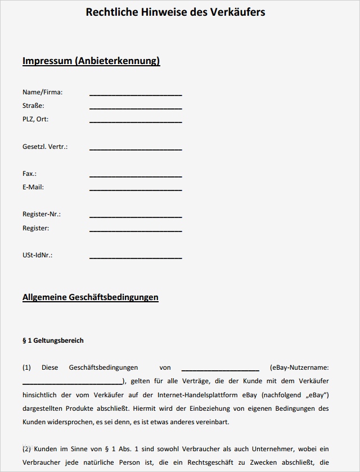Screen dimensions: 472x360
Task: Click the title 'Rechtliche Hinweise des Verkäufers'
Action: click(x=175, y=12)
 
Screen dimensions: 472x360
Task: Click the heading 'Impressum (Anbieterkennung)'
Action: click(x=91, y=61)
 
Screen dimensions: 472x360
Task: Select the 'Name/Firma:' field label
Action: click(x=42, y=92)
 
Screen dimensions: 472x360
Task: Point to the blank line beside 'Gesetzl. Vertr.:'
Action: click(x=136, y=149)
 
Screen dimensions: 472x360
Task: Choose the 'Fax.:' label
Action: click(x=29, y=174)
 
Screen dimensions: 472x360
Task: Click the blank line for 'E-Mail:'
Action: click(x=136, y=189)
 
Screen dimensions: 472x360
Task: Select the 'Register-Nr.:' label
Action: click(x=42, y=214)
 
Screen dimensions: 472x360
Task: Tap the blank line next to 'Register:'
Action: click(x=136, y=230)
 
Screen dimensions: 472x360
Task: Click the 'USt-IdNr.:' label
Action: click(x=37, y=255)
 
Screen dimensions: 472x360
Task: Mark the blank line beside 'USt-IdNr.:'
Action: click(x=136, y=257)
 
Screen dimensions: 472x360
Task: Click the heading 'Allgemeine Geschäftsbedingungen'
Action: click(x=91, y=297)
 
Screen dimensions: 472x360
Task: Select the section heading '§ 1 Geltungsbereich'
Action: click(x=53, y=341)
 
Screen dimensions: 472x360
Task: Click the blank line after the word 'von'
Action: click(x=220, y=370)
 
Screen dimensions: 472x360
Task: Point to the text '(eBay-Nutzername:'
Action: click(x=299, y=367)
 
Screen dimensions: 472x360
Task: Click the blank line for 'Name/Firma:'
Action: click(x=136, y=94)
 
